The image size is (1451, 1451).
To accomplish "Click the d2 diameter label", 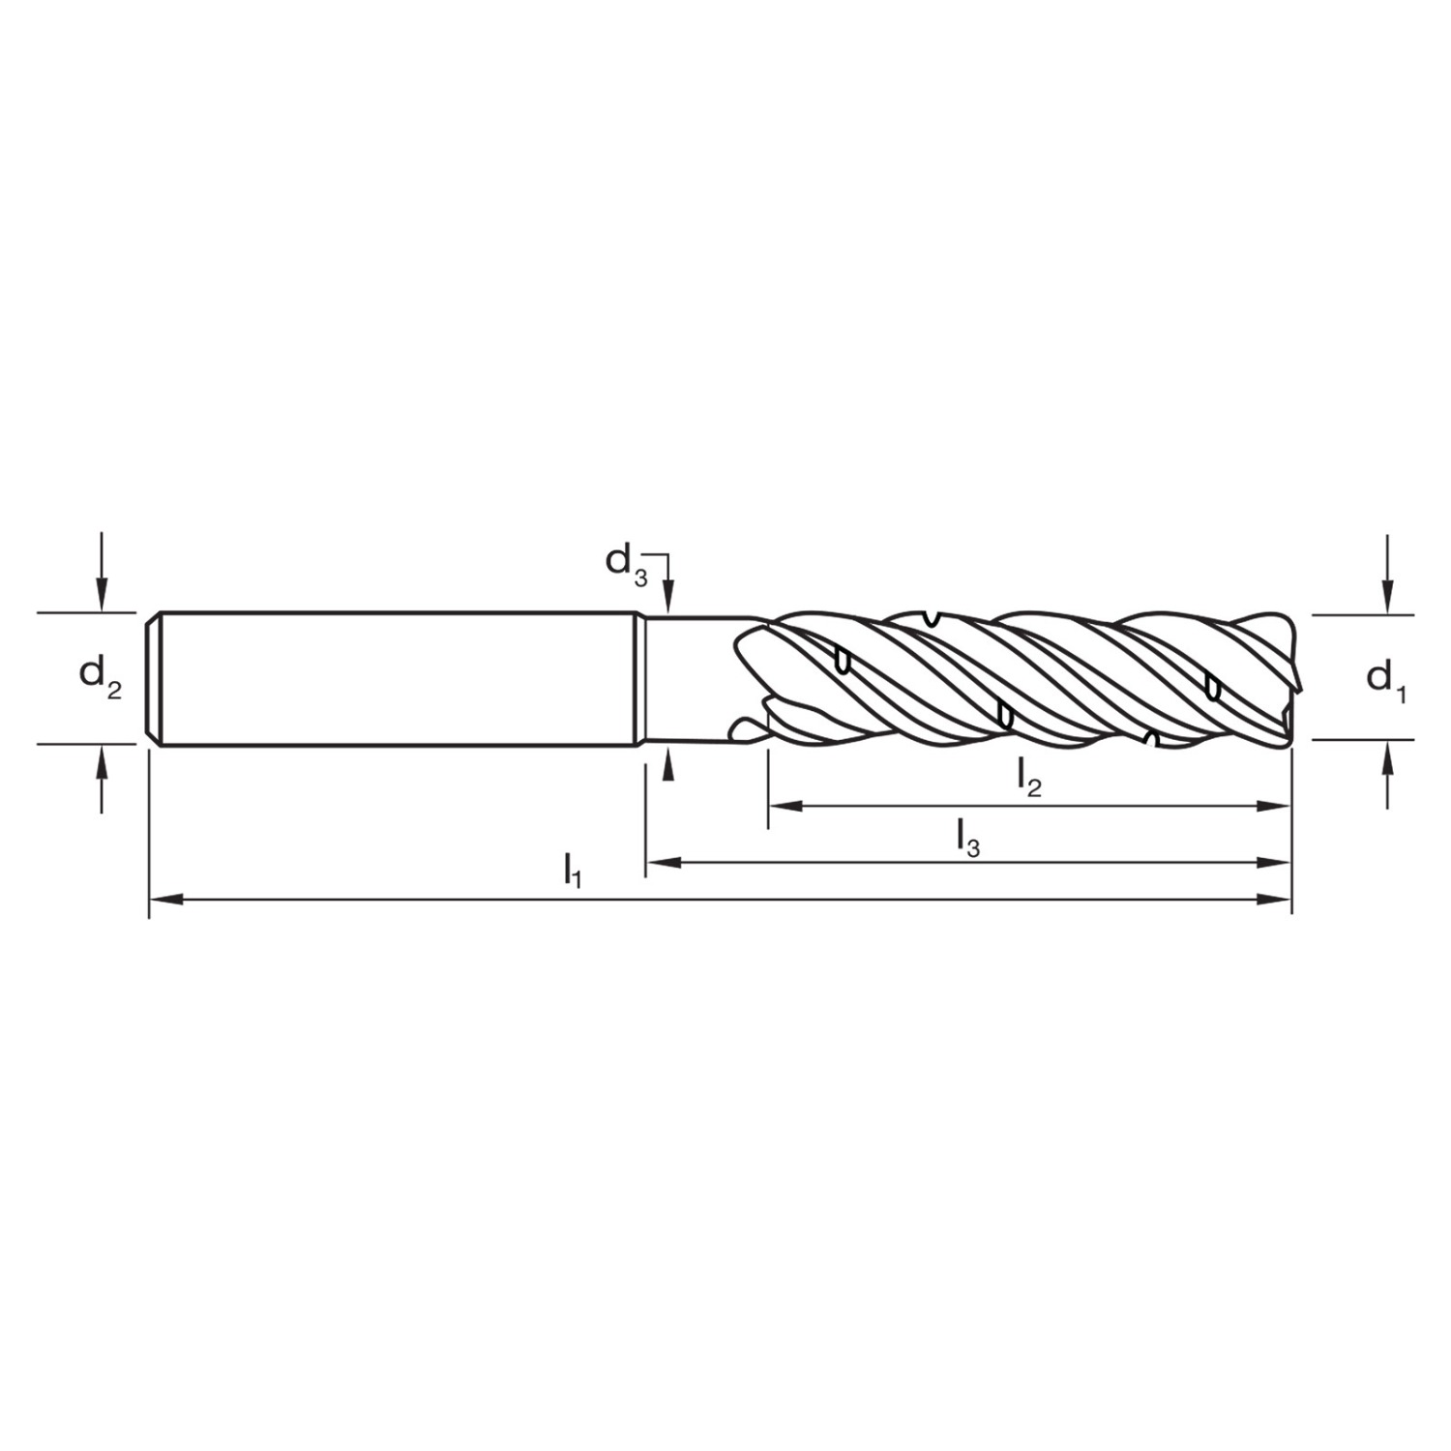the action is point(101,677).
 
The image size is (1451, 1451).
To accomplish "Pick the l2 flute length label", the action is point(1028,778).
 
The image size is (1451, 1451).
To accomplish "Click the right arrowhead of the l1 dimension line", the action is point(1275,900).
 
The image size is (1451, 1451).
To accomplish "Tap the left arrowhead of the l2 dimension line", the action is point(785,806).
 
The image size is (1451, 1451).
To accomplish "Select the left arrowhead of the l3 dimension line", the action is point(663,862).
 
